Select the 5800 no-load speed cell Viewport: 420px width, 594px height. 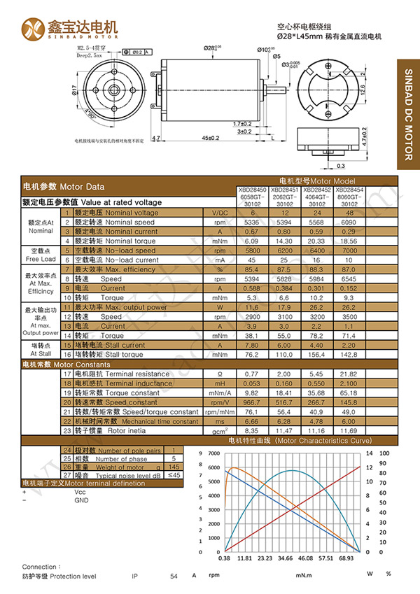[251, 250]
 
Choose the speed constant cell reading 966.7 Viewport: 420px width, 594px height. [251, 402]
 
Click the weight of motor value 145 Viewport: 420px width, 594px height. [174, 467]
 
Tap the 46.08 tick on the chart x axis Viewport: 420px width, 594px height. [304, 559]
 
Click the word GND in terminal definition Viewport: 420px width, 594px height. [81, 500]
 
